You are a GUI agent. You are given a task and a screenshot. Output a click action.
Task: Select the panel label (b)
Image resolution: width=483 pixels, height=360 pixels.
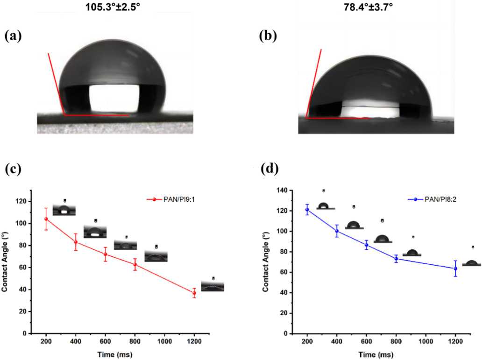[x=269, y=36]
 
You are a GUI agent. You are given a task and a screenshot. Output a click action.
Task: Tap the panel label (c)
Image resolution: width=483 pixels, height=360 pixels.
[x=13, y=169]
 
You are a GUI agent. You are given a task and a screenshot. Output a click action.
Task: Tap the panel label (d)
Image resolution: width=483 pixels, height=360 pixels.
[x=270, y=170]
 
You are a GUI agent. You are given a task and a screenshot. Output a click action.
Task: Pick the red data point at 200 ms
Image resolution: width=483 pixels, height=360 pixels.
[x=46, y=219]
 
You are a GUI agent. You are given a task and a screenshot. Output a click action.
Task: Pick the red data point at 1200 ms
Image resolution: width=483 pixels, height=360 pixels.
[x=194, y=293]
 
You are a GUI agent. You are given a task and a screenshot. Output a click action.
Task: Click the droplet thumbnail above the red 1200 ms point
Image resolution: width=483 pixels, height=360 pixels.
[x=213, y=286]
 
